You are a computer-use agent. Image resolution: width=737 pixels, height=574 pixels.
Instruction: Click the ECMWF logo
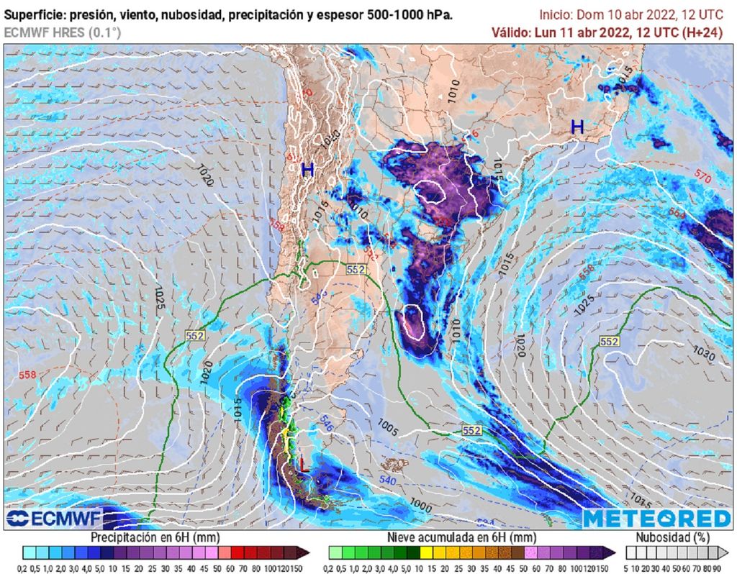(55, 518)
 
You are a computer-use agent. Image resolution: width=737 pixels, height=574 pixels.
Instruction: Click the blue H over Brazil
(577, 127)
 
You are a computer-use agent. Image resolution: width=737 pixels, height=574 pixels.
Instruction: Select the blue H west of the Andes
(307, 170)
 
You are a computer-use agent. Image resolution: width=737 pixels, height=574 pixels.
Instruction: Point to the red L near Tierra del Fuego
(303, 466)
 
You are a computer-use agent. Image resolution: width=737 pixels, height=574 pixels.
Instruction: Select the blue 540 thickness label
(387, 480)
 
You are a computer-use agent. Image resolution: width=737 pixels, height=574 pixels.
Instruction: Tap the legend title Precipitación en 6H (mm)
(155, 537)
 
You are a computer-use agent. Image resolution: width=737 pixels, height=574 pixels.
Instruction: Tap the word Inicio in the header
(557, 14)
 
